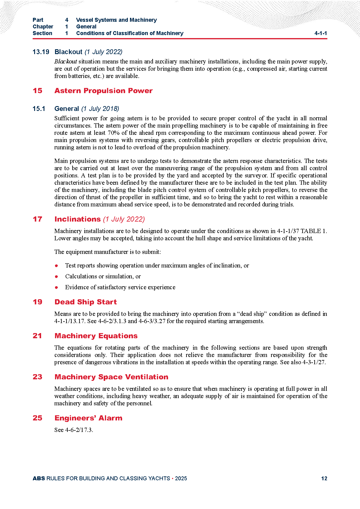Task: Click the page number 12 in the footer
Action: pyautogui.click(x=324, y=478)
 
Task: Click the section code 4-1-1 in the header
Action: pyautogui.click(x=320, y=33)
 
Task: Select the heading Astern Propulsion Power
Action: pyautogui.click(x=103, y=91)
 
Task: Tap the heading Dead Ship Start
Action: pyautogui.click(x=86, y=302)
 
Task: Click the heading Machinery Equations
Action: pyautogui.click(x=96, y=336)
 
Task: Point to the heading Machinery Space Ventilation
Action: pyautogui.click(x=111, y=377)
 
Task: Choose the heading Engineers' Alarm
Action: pyautogui.click(x=88, y=418)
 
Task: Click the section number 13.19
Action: pyautogui.click(x=41, y=52)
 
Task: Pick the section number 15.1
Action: pyautogui.click(x=39, y=109)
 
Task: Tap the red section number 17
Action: pyautogui.click(x=37, y=219)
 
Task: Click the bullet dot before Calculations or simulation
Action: pyautogui.click(x=56, y=277)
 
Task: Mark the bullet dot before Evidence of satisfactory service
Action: pyautogui.click(x=56, y=287)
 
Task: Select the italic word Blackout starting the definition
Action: pyautogui.click(x=66, y=61)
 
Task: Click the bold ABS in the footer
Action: pyautogui.click(x=39, y=478)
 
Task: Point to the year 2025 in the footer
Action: pyautogui.click(x=181, y=478)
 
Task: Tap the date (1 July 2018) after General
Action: pyautogui.click(x=100, y=109)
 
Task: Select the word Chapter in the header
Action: pyautogui.click(x=43, y=27)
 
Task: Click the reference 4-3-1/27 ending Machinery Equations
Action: pyautogui.click(x=314, y=362)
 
